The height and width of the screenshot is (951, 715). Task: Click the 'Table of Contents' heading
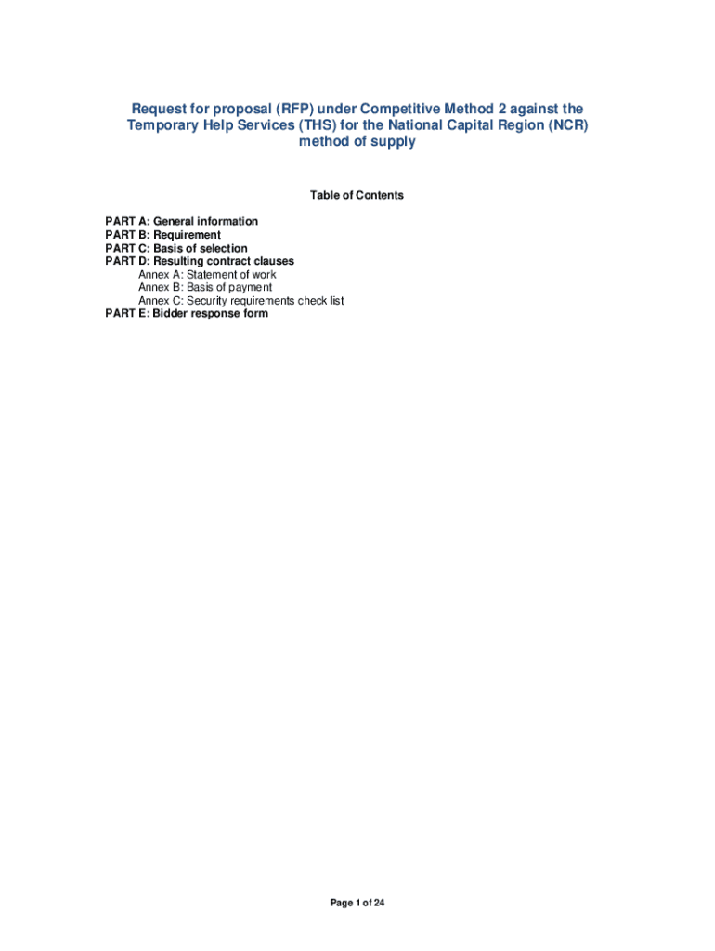coord(357,196)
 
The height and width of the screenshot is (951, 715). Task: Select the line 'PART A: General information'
coord(181,222)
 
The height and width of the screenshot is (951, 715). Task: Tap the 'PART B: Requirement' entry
coord(162,236)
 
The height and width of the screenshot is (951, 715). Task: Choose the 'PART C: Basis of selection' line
coord(176,249)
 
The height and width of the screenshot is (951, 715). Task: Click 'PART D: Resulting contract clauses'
coord(200,262)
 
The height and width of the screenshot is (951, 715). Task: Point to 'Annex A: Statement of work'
coord(207,275)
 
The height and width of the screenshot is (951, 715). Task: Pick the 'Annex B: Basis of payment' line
coord(205,288)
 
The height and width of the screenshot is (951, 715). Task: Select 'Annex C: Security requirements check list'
coord(241,301)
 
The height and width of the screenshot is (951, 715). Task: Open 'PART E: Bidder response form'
coord(187,314)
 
